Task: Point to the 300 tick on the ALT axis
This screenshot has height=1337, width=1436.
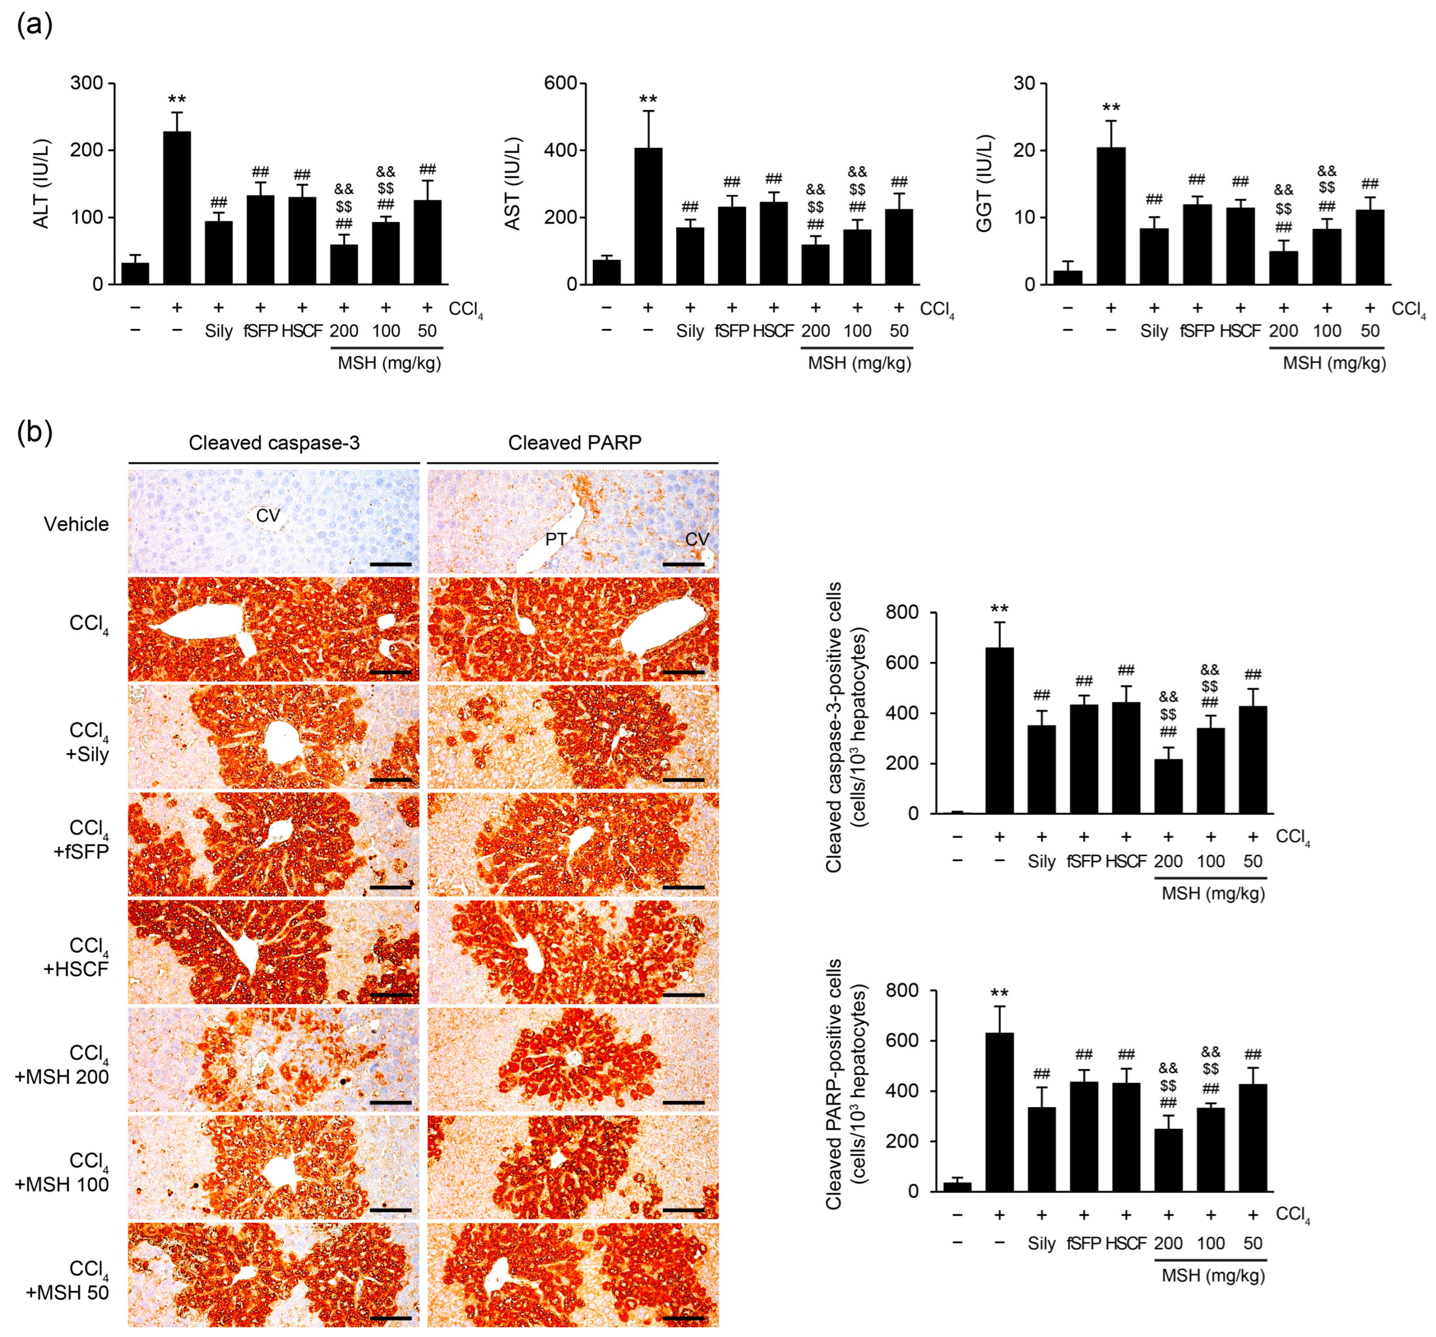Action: coord(87,83)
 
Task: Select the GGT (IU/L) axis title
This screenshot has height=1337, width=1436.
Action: coord(984,183)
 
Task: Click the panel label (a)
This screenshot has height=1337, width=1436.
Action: coord(34,25)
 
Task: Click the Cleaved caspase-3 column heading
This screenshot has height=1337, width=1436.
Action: coord(274,443)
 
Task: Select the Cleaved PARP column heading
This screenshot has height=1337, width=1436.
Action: coord(574,443)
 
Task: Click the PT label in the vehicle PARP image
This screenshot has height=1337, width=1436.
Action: coord(555,539)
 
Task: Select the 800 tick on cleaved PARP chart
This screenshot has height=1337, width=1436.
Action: coord(903,990)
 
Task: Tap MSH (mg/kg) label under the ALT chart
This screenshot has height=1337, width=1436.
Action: coord(388,363)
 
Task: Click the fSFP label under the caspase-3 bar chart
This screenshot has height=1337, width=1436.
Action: coord(1084,861)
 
